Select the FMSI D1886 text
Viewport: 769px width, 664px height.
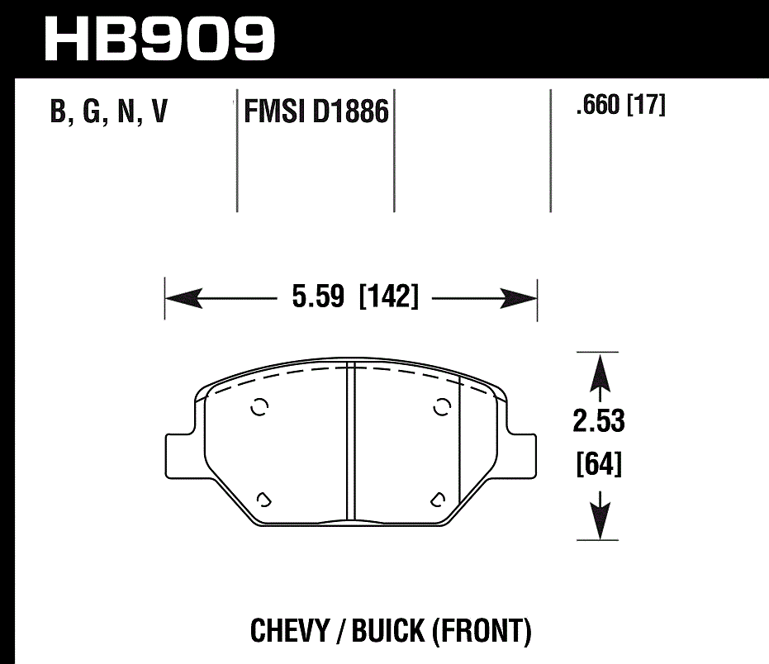point(316,111)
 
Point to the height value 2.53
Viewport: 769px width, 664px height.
point(598,421)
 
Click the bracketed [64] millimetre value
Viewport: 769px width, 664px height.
point(598,465)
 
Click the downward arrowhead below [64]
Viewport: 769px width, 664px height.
point(598,520)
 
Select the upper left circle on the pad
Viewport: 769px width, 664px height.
point(259,407)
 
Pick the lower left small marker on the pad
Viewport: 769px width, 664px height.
point(264,498)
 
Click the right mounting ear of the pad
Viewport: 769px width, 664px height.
point(520,453)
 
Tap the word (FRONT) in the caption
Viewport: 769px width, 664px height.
point(480,632)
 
